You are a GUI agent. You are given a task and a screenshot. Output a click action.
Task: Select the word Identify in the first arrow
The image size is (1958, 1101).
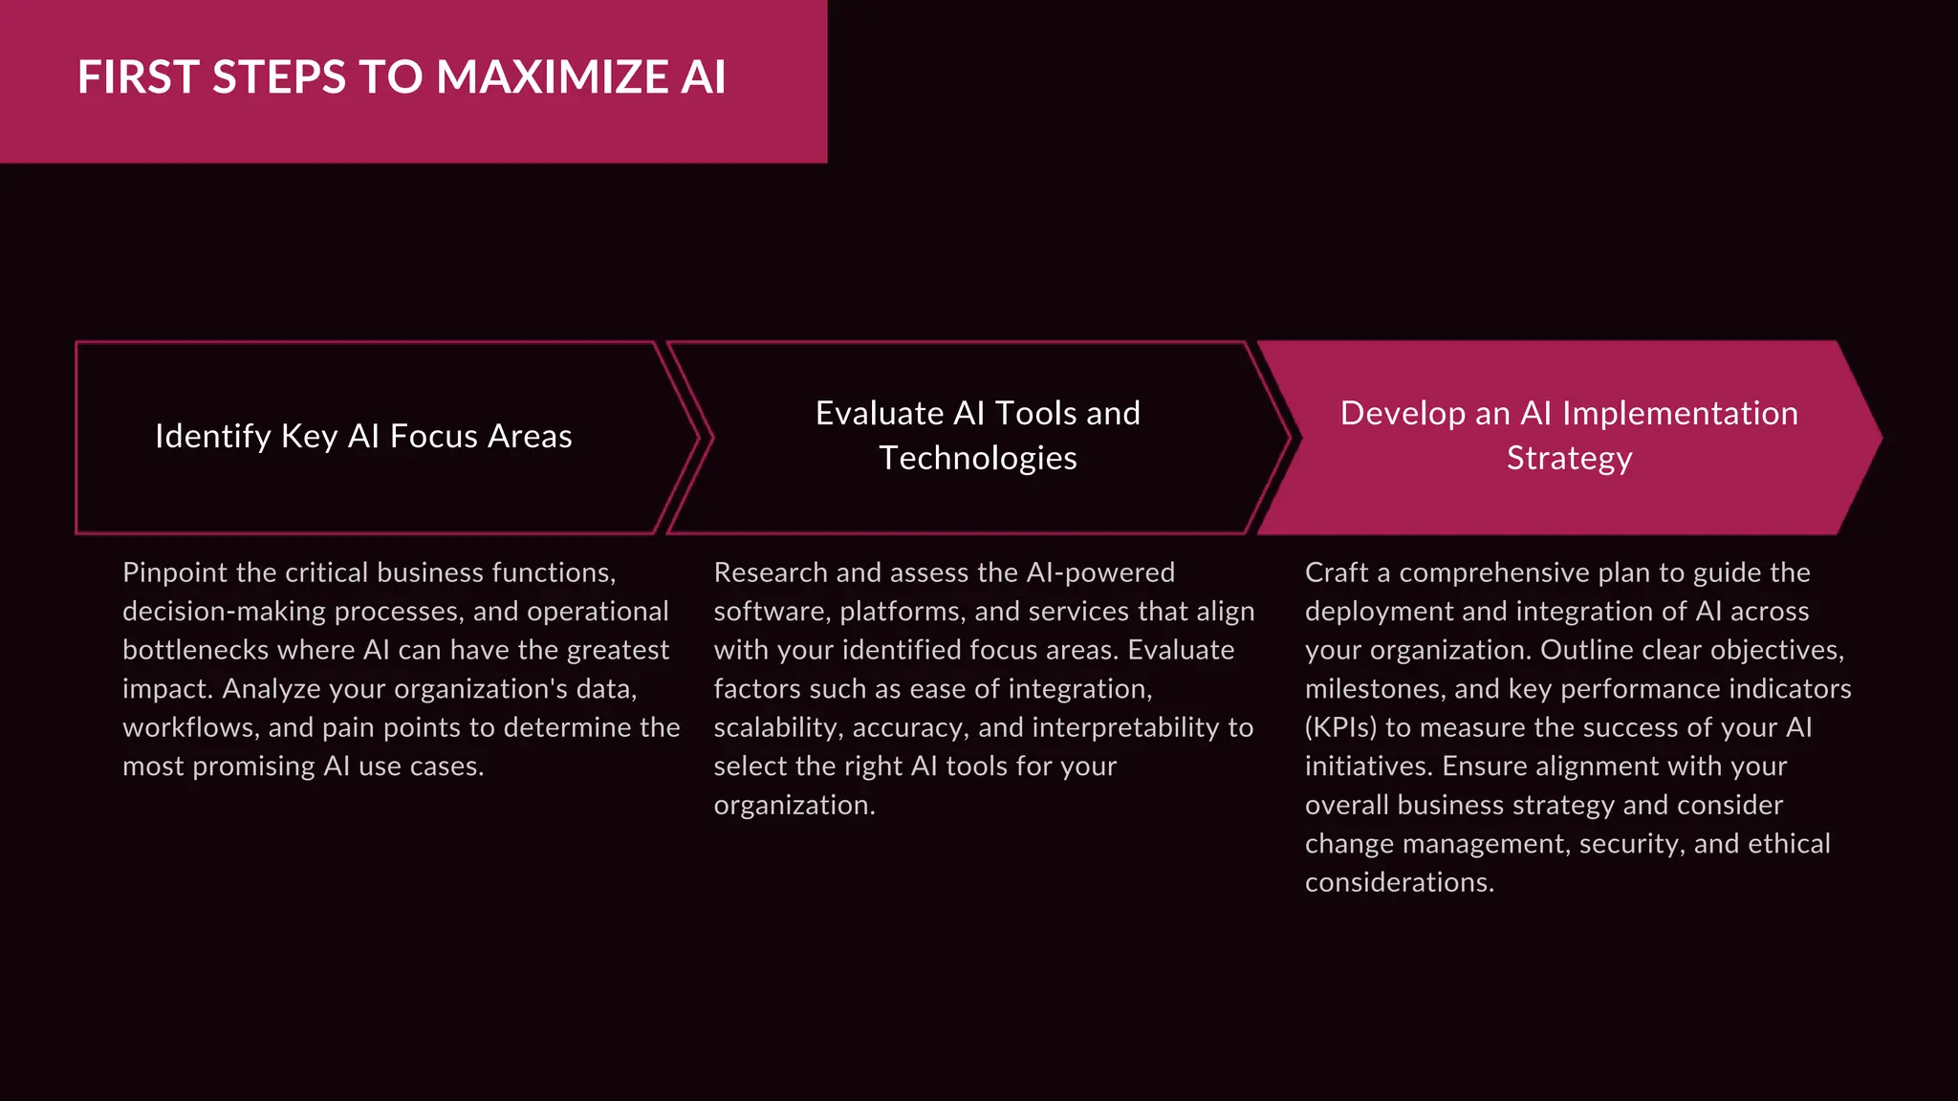click(x=213, y=436)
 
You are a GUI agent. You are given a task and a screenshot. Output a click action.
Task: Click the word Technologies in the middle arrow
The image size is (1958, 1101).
click(x=978, y=458)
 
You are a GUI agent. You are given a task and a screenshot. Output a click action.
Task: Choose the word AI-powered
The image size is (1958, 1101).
click(x=1100, y=572)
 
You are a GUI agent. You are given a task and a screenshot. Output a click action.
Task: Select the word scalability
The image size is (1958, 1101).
click(x=775, y=727)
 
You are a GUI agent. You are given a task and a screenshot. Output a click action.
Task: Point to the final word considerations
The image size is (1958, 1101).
click(x=1399, y=882)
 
